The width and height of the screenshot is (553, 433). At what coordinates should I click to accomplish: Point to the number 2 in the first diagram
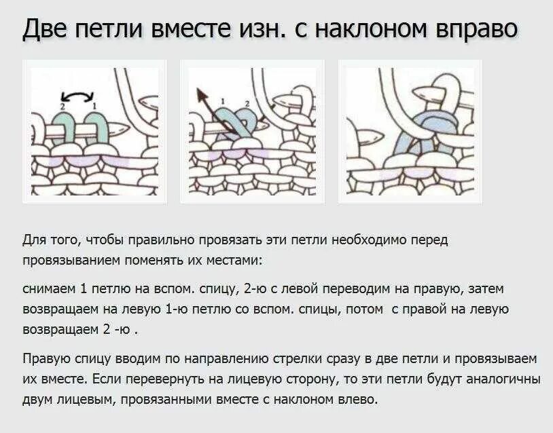[x=63, y=107]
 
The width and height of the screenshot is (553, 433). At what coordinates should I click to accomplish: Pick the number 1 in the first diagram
[x=94, y=106]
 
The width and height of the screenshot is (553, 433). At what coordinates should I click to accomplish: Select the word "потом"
[x=364, y=310]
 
